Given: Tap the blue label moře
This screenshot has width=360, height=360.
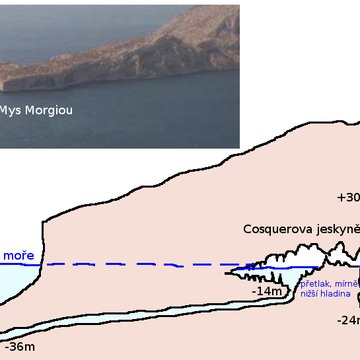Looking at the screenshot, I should point(18,256).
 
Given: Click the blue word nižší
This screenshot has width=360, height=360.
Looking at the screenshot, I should point(310,295).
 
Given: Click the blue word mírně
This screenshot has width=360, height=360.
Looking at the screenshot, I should point(344,285).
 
